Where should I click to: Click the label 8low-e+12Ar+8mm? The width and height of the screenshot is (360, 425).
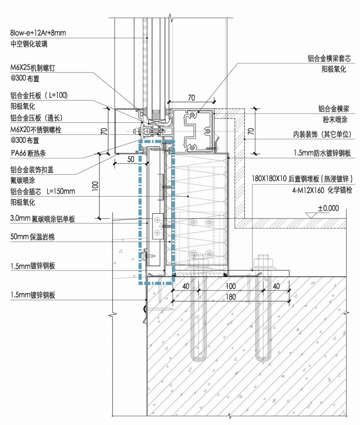coord(38,33)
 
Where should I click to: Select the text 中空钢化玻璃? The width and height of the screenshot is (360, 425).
coord(29,44)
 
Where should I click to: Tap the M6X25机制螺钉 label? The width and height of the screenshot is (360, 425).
coord(33,68)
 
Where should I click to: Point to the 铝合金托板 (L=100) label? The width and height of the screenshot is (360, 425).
coord(39,95)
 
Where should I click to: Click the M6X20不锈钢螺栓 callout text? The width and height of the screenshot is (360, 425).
coord(36,130)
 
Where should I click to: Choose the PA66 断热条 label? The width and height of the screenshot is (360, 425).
coord(28,153)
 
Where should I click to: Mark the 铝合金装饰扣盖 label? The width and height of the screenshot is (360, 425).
coord(32,170)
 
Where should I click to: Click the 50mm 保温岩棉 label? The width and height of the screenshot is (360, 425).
coord(32,237)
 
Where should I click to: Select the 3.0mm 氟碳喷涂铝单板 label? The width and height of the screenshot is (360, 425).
coord(42,219)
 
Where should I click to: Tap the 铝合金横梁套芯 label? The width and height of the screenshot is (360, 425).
coord(329,59)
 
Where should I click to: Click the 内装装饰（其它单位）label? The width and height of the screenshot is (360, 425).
coord(322,134)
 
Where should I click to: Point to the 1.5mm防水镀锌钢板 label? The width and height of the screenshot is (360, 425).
coord(322,153)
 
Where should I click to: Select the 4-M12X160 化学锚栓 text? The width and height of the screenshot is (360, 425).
coord(322,190)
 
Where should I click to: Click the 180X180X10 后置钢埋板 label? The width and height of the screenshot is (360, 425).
coord(302,179)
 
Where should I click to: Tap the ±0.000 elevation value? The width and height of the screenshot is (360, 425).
coord(328,208)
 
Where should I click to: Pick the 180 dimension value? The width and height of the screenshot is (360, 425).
coord(231,297)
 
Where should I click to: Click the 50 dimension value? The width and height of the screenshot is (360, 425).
coord(131,159)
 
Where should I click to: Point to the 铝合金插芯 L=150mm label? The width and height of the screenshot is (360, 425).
coord(43,192)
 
